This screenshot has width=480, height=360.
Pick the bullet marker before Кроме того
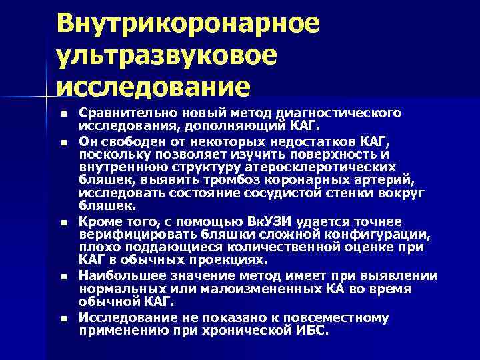click(63, 221)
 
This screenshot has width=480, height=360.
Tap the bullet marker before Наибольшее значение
click(63, 275)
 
